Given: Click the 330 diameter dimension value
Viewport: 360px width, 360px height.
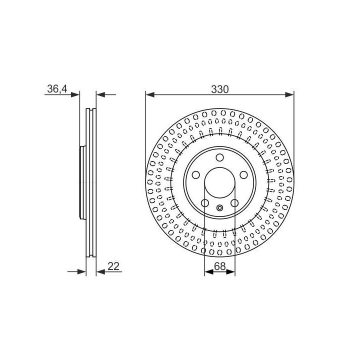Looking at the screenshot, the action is pos(219,89).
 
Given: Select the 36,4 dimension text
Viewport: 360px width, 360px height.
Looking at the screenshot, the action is pos(57,89).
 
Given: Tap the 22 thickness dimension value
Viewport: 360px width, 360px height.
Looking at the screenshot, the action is pos(113,266).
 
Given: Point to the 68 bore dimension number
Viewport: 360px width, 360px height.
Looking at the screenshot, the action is pos(219,266).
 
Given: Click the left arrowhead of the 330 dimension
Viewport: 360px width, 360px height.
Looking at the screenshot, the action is pos(150,94).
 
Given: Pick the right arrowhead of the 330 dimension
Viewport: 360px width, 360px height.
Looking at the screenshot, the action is pos(289,94).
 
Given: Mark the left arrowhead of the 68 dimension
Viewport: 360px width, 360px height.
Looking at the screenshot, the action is pos(208,272).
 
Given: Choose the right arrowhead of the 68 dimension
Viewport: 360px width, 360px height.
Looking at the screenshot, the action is pos(230,272).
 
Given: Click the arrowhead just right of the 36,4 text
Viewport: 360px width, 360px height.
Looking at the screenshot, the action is pos(75,94).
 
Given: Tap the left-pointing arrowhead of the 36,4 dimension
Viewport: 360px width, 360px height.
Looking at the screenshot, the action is pos(100,94).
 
